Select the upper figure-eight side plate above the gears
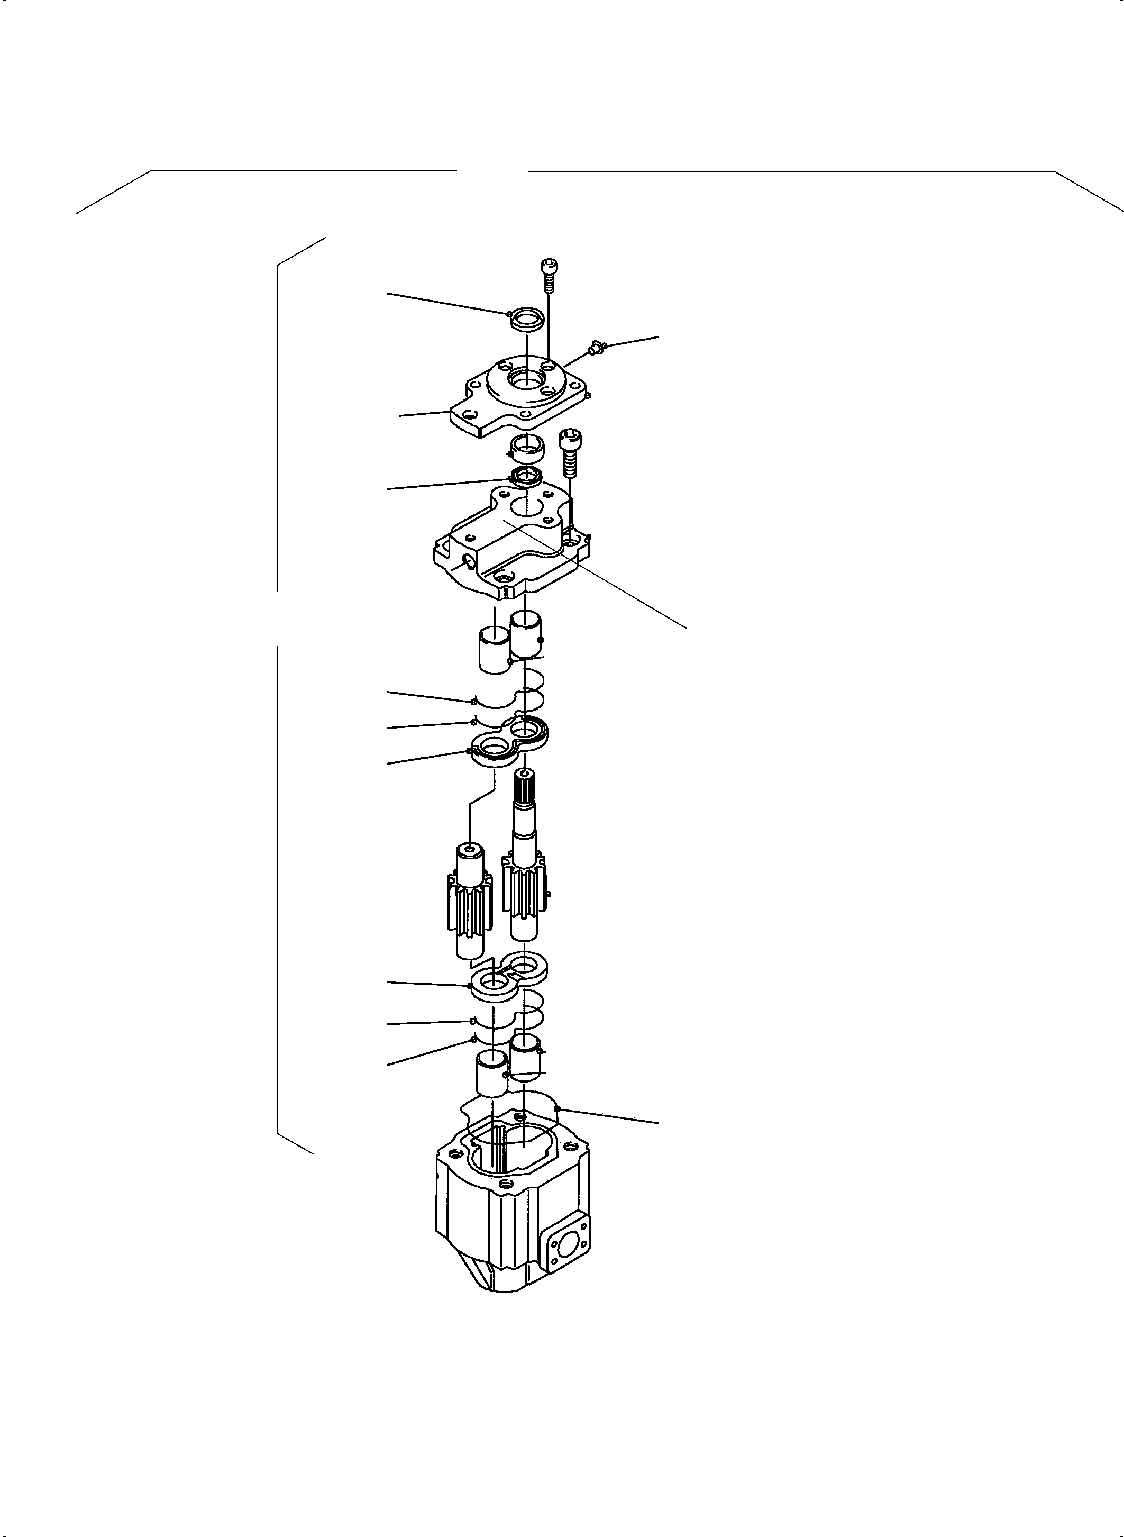510,743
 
